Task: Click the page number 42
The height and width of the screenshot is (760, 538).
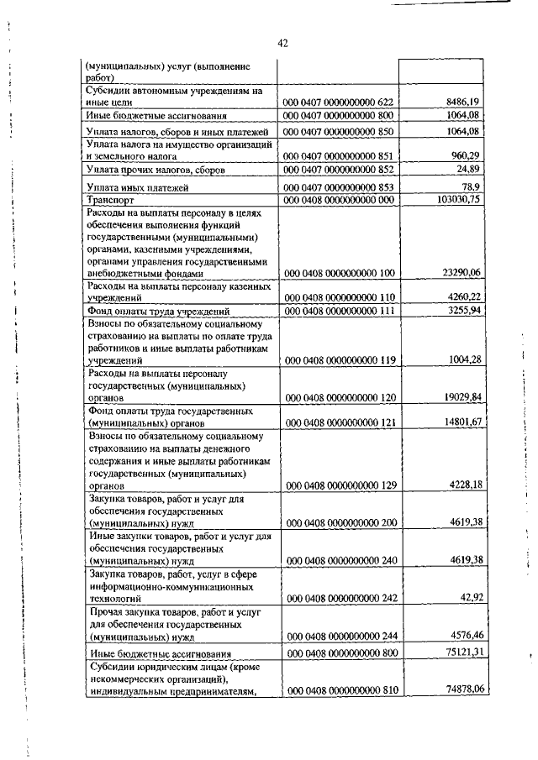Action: (x=282, y=44)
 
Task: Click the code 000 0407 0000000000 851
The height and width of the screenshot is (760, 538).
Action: (x=339, y=156)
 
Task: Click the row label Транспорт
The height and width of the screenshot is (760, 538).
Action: (x=112, y=201)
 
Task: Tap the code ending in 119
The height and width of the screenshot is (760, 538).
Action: (x=339, y=359)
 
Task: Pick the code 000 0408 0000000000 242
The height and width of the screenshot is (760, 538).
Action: (x=339, y=599)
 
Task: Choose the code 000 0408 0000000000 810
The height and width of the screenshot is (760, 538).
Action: (x=339, y=689)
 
